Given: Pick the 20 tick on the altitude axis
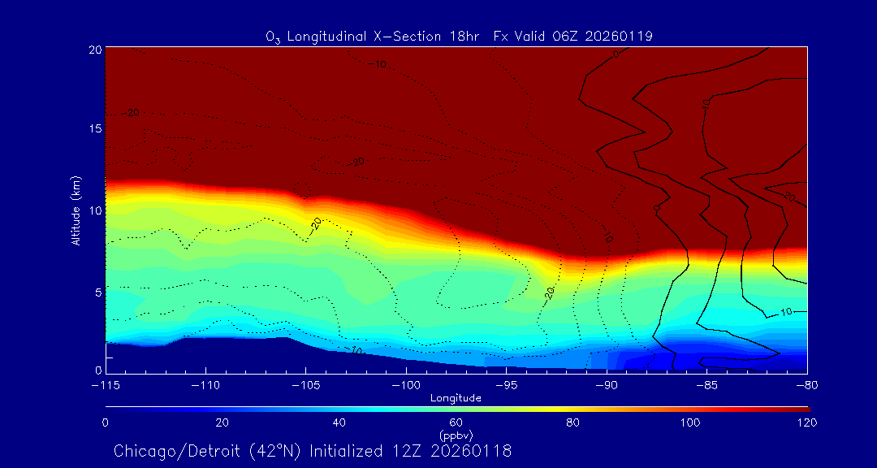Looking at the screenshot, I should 95,50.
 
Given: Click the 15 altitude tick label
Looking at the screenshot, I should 95,129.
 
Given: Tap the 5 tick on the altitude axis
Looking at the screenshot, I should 97,291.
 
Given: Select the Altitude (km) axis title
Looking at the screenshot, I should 76,210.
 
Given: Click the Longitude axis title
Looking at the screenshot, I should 456,398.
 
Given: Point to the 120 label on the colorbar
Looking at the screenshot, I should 806,422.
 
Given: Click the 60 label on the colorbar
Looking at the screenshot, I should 456,422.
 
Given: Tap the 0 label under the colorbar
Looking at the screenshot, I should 106,422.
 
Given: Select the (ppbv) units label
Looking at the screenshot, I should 456,435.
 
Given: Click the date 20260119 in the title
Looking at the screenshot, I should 623,37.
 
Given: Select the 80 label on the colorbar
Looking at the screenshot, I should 572,422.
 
